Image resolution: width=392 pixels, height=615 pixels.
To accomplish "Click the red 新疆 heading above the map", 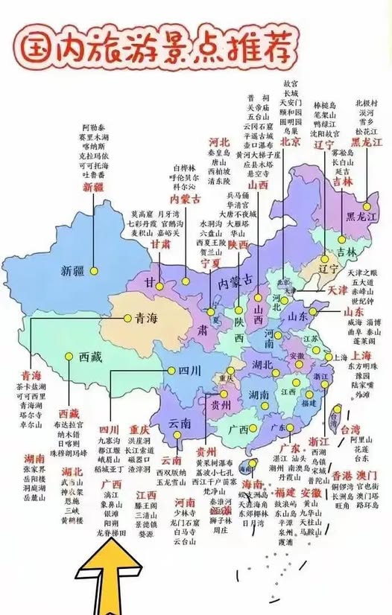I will click(x=95, y=187).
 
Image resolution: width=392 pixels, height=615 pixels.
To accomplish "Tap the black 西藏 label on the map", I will click(x=90, y=357).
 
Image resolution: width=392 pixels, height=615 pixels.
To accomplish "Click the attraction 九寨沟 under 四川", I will click(x=110, y=440).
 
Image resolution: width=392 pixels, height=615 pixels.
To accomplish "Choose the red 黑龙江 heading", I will click(x=366, y=140).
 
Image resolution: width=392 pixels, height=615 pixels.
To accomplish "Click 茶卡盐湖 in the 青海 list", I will click(x=31, y=387).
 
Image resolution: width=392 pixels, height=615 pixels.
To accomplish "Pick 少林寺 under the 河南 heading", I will click(x=184, y=512).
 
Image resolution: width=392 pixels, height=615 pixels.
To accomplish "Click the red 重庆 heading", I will click(x=139, y=430).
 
